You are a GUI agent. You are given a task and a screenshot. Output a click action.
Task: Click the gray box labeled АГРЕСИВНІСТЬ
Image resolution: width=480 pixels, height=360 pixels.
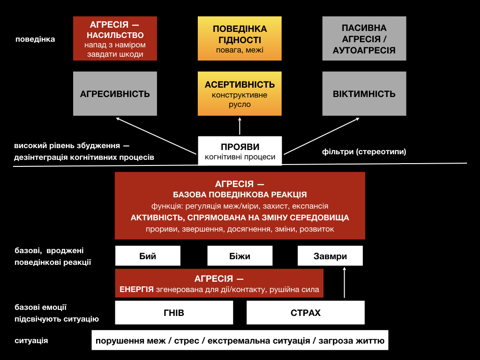(115, 94)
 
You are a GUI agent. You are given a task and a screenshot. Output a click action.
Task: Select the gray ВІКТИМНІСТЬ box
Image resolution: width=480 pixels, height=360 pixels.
(364, 94)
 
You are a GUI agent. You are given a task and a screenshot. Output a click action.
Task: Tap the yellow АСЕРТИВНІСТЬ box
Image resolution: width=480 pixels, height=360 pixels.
(240, 94)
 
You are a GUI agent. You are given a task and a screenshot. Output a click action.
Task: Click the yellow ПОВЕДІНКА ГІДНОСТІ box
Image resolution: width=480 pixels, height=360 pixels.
(240, 38)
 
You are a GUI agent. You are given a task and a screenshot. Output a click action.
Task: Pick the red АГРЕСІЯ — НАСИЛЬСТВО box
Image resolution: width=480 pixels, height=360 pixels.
(115, 38)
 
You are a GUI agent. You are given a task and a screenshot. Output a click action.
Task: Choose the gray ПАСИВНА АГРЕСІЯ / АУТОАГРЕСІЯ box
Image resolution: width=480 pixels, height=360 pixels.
(364, 38)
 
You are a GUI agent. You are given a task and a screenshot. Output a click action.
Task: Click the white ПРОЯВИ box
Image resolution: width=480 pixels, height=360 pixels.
(240, 151)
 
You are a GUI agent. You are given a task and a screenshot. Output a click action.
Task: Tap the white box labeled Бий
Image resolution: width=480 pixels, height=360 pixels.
(148, 255)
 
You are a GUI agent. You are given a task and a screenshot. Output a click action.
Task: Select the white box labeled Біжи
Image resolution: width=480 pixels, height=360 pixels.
(240, 255)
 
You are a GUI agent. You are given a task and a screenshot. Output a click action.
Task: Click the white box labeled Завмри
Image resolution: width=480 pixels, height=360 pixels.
(330, 255)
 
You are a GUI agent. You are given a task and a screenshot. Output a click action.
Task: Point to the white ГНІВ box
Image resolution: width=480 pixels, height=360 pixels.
(174, 313)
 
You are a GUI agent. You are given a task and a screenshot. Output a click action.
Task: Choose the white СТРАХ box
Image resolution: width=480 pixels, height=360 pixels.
(306, 313)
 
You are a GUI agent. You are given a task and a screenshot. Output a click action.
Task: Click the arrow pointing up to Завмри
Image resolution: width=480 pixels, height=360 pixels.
(345, 282)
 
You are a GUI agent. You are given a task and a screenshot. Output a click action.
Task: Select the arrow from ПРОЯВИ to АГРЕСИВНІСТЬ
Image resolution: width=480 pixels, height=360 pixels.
(156, 136)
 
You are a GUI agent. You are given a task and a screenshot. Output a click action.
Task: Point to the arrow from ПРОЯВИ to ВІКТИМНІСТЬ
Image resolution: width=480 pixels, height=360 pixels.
(322, 136)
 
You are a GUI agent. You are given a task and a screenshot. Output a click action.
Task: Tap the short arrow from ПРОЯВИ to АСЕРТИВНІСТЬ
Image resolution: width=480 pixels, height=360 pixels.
(240, 126)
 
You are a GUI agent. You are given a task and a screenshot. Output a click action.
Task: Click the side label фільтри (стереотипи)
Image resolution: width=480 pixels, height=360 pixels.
(364, 151)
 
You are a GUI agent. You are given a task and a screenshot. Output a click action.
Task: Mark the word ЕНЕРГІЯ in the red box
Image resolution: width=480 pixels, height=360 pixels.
(136, 289)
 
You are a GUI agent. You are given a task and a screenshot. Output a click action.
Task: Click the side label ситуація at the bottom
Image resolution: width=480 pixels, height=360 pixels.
(31, 340)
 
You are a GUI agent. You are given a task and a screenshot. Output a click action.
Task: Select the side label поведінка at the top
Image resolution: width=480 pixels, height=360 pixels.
(35, 39)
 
